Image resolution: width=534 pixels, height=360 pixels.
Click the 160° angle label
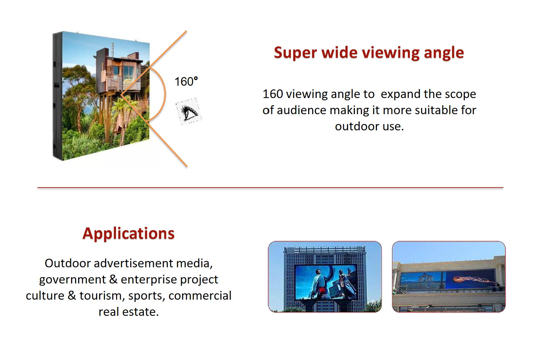186,82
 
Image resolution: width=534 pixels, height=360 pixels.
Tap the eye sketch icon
188,112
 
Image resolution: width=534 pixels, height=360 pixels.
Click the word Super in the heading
295,53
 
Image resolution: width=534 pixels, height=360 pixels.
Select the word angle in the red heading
444,54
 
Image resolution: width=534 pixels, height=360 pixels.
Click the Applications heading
129,234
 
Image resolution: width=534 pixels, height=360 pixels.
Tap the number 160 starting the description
273,94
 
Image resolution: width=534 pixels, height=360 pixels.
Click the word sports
147,296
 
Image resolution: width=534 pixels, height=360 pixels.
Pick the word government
73,280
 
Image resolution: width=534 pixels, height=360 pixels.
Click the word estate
140,312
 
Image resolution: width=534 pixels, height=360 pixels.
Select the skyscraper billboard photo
325,277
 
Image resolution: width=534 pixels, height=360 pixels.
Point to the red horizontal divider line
270,188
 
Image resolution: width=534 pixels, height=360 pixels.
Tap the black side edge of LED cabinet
58,96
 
